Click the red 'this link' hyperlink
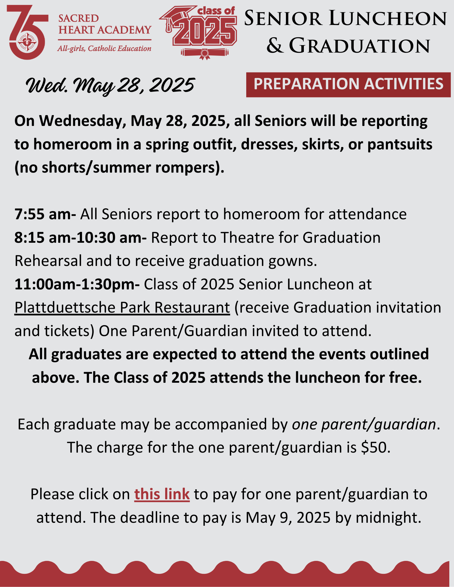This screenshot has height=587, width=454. (x=162, y=494)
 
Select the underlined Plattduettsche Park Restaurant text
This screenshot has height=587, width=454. (x=122, y=308)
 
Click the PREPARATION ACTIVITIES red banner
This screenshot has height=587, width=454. (x=348, y=85)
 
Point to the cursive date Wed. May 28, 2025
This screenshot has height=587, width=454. (x=110, y=86)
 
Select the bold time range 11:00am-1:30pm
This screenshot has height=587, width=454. (x=77, y=284)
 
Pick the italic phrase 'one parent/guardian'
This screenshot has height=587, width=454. (x=364, y=425)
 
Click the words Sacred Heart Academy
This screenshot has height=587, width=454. (x=105, y=24)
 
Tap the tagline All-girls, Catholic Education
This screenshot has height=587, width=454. (x=104, y=48)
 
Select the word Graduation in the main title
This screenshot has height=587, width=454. (x=360, y=46)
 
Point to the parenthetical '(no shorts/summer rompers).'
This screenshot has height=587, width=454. (x=119, y=168)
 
